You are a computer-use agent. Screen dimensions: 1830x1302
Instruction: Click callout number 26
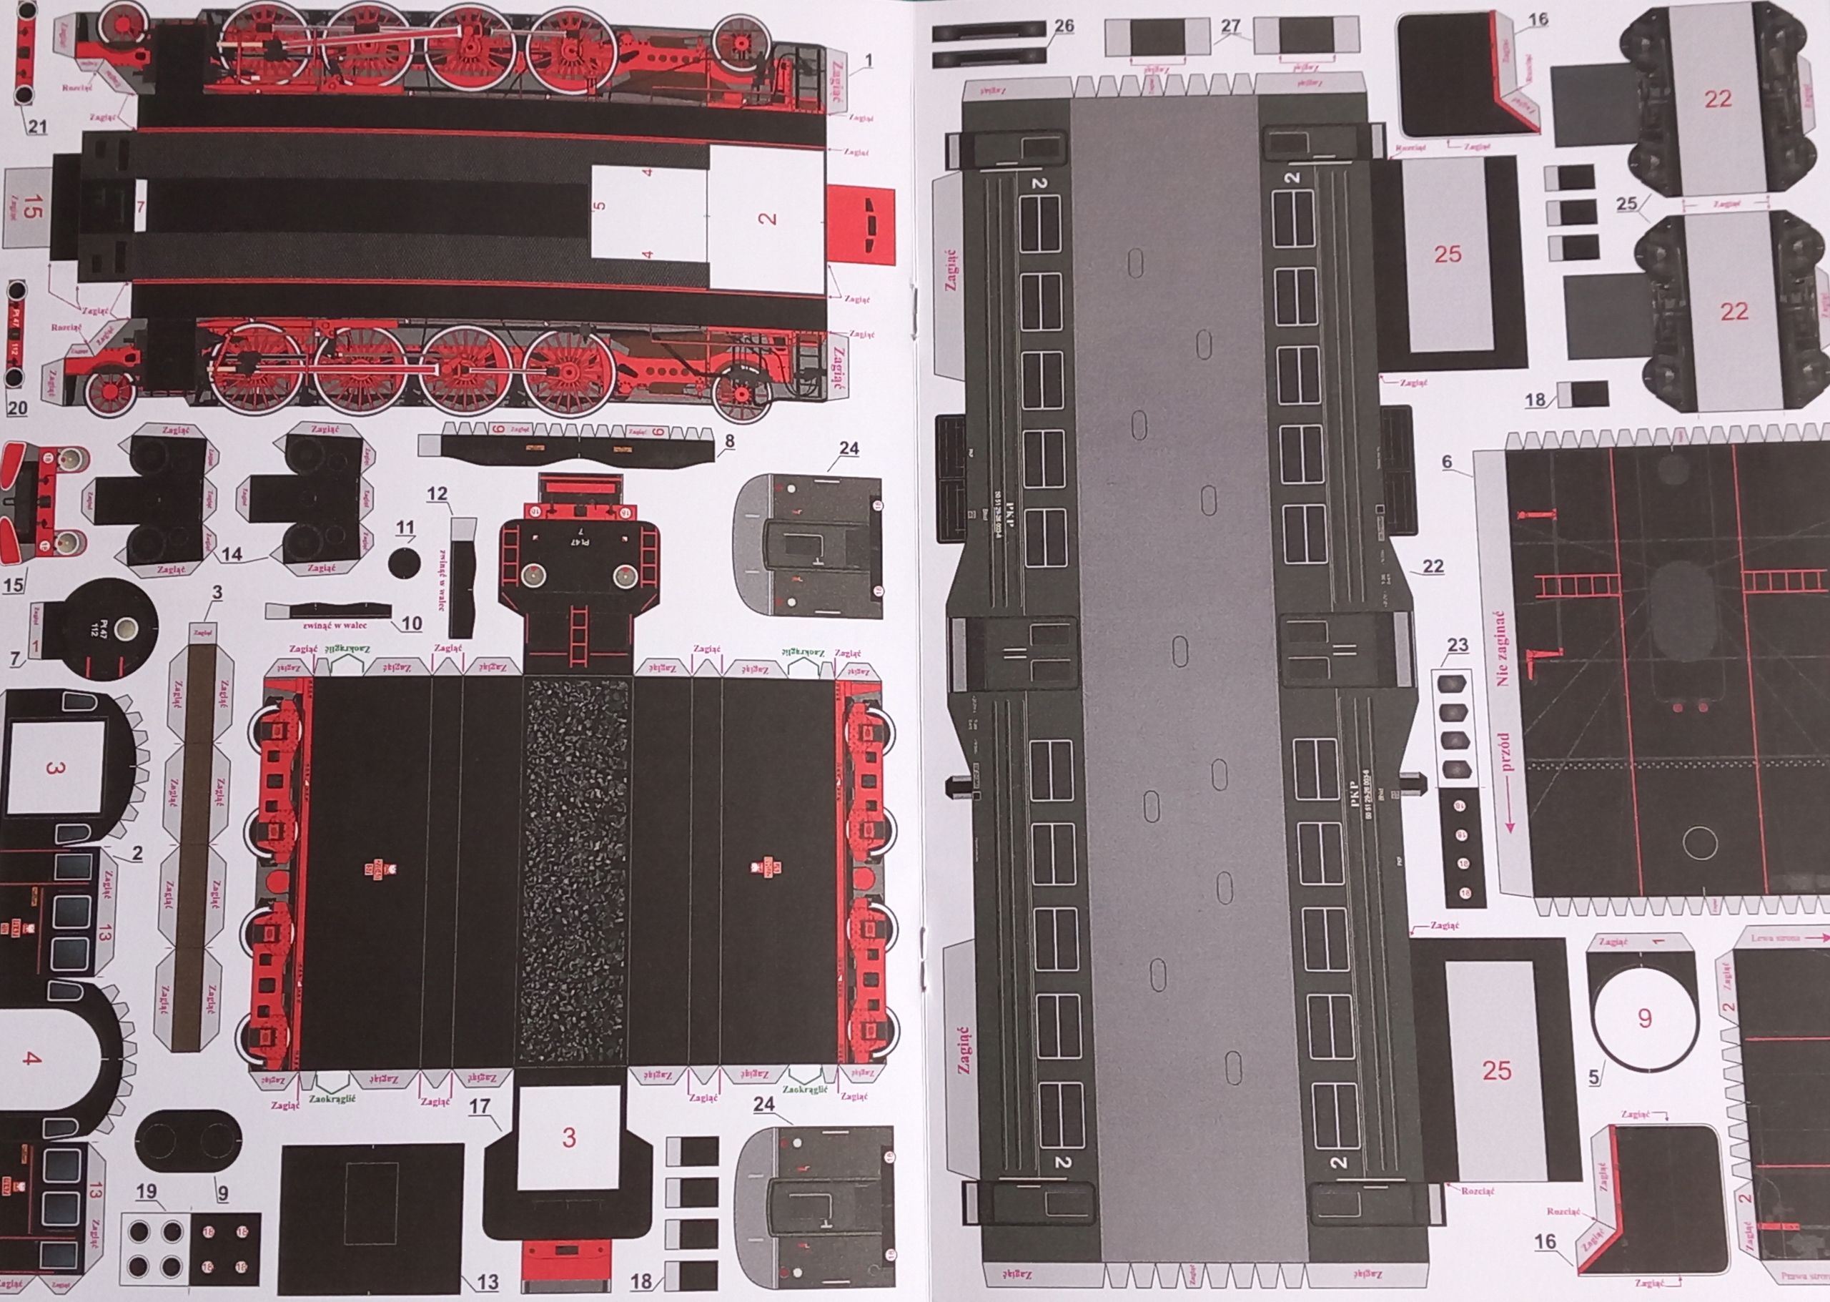1063,26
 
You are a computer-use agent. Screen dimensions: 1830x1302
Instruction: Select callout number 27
1230,26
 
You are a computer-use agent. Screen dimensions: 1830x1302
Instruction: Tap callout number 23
1458,645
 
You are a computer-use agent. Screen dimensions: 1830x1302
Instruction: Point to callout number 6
1447,462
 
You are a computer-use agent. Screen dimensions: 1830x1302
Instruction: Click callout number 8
728,441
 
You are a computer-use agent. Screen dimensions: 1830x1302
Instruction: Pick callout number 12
436,494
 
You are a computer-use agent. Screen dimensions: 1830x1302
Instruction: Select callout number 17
480,1106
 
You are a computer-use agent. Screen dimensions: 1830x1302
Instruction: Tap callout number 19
146,1191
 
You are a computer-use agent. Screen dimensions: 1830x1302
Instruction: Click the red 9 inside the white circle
1645,1018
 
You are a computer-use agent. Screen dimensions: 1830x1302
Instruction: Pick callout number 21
38,126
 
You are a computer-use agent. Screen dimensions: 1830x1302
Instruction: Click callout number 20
17,408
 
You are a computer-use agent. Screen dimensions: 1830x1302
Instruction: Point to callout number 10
411,623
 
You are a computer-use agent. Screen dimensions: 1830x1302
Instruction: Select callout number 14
232,554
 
